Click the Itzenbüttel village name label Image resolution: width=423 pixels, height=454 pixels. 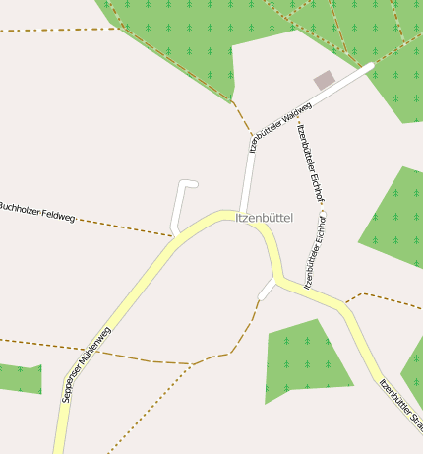265,218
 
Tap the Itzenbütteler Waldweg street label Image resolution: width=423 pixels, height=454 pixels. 281,127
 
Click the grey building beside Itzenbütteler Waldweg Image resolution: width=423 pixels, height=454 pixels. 324,80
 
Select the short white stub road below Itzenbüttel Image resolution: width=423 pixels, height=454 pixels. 267,290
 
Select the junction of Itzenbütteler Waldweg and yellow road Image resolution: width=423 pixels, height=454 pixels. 242,214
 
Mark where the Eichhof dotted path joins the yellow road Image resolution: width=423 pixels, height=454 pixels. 307,290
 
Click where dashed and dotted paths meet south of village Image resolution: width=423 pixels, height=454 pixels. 193,363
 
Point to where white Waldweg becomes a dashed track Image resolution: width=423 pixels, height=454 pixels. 253,134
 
